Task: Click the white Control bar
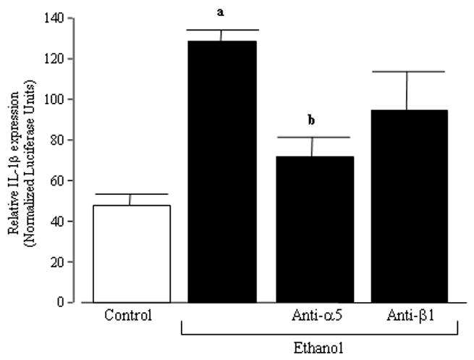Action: point(131,254)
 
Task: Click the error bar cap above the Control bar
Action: point(131,194)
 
